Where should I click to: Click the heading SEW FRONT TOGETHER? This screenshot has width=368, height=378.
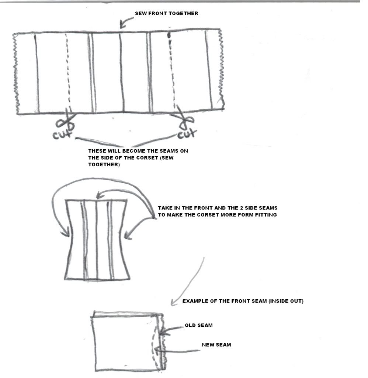pos(166,14)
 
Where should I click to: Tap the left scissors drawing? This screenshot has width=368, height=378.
pos(65,119)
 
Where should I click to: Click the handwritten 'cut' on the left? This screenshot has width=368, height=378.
pos(62,134)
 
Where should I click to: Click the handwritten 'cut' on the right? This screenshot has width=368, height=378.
pos(187,134)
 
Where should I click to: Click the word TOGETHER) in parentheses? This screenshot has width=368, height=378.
pos(104,165)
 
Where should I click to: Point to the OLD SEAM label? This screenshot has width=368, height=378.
pos(199,326)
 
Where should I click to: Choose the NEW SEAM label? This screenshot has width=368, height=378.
pos(216,345)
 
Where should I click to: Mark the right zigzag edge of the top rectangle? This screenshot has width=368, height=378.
pos(221,69)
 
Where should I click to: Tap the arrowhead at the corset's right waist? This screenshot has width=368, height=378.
pos(128,235)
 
